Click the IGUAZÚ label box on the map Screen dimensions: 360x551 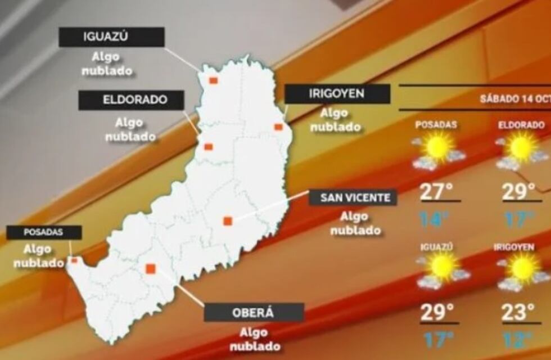click(x=111, y=37)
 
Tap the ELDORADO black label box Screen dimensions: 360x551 click(x=132, y=100)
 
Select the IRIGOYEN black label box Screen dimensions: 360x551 click(x=337, y=94)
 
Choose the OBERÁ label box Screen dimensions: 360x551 click(x=254, y=313)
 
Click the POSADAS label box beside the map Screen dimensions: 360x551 click(x=44, y=232)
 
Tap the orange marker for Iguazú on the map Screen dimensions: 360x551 click(x=213, y=80)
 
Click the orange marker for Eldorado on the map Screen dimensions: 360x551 click(x=208, y=147)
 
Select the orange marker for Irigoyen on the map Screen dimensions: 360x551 click(x=278, y=127)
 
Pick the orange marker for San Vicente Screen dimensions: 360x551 click(x=227, y=221)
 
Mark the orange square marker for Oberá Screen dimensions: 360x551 click(x=150, y=269)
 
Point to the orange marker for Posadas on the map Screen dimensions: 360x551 click(x=74, y=260)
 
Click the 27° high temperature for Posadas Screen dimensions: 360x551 click(x=437, y=192)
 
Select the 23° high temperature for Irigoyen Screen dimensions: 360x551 click(x=517, y=312)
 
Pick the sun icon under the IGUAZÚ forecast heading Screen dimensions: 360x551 click(x=442, y=267)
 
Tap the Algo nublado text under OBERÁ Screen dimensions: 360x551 click(x=254, y=340)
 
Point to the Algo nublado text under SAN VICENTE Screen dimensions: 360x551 click(x=355, y=223)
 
